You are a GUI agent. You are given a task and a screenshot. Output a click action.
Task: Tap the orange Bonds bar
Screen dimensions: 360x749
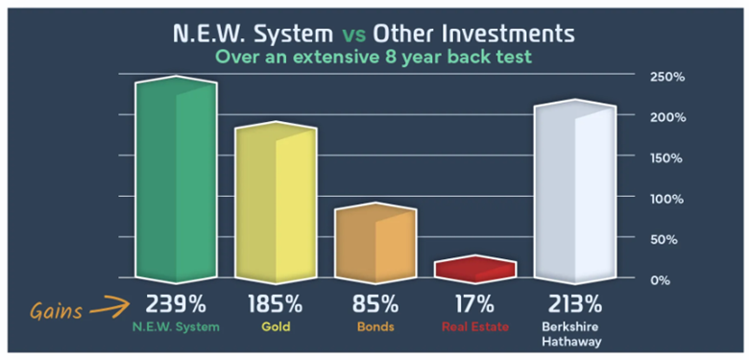point(375,246)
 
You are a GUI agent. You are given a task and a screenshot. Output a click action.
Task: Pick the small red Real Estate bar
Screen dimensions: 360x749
point(474,270)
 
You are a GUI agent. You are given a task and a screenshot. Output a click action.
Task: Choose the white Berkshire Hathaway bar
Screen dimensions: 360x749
point(574,192)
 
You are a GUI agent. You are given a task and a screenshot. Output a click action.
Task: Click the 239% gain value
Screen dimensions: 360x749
point(176,305)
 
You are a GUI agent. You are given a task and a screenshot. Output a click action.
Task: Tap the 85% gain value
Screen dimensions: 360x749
point(374,305)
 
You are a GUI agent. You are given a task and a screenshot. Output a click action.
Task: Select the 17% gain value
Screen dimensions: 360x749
point(473,305)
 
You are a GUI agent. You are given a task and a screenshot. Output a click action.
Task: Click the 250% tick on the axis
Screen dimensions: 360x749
point(665,77)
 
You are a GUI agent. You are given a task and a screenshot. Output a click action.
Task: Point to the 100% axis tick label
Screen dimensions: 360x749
point(665,199)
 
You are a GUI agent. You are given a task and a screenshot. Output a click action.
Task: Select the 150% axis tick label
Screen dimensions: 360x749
point(665,157)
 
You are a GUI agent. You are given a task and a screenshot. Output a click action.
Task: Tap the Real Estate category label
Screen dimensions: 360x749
point(473,327)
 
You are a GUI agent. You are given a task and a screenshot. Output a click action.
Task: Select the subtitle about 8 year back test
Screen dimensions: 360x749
point(374,58)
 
